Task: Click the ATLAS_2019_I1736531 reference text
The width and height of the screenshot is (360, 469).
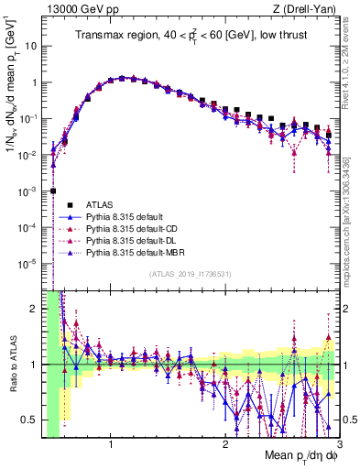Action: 189,274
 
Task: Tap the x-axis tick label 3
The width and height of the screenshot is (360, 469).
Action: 339,443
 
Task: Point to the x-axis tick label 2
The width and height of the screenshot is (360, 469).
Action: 225,443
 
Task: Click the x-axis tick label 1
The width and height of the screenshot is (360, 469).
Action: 111,443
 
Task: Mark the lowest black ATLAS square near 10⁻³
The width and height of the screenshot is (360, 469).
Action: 53,191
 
